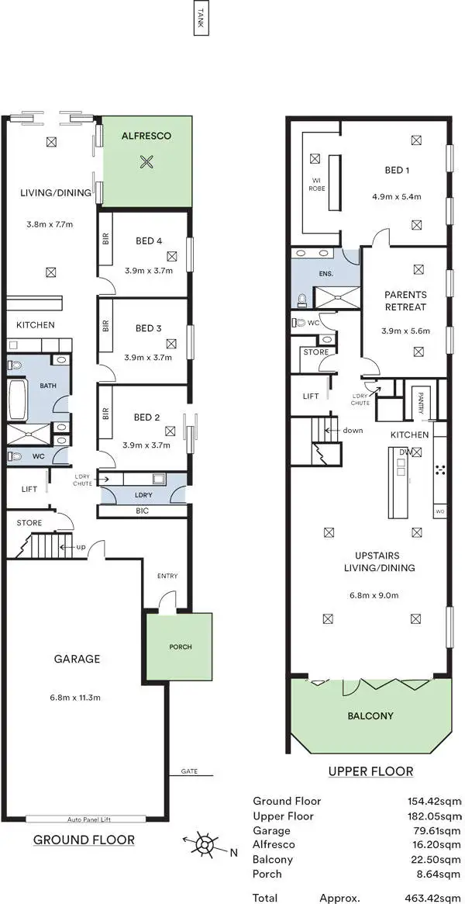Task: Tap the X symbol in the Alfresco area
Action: click(146, 162)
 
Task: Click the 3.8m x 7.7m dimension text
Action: click(50, 225)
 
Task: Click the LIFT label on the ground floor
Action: click(29, 489)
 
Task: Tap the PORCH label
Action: click(180, 646)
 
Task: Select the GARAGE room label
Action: click(77, 659)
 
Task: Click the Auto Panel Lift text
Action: click(85, 818)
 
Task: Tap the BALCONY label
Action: click(369, 716)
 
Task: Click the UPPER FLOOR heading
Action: click(370, 771)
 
